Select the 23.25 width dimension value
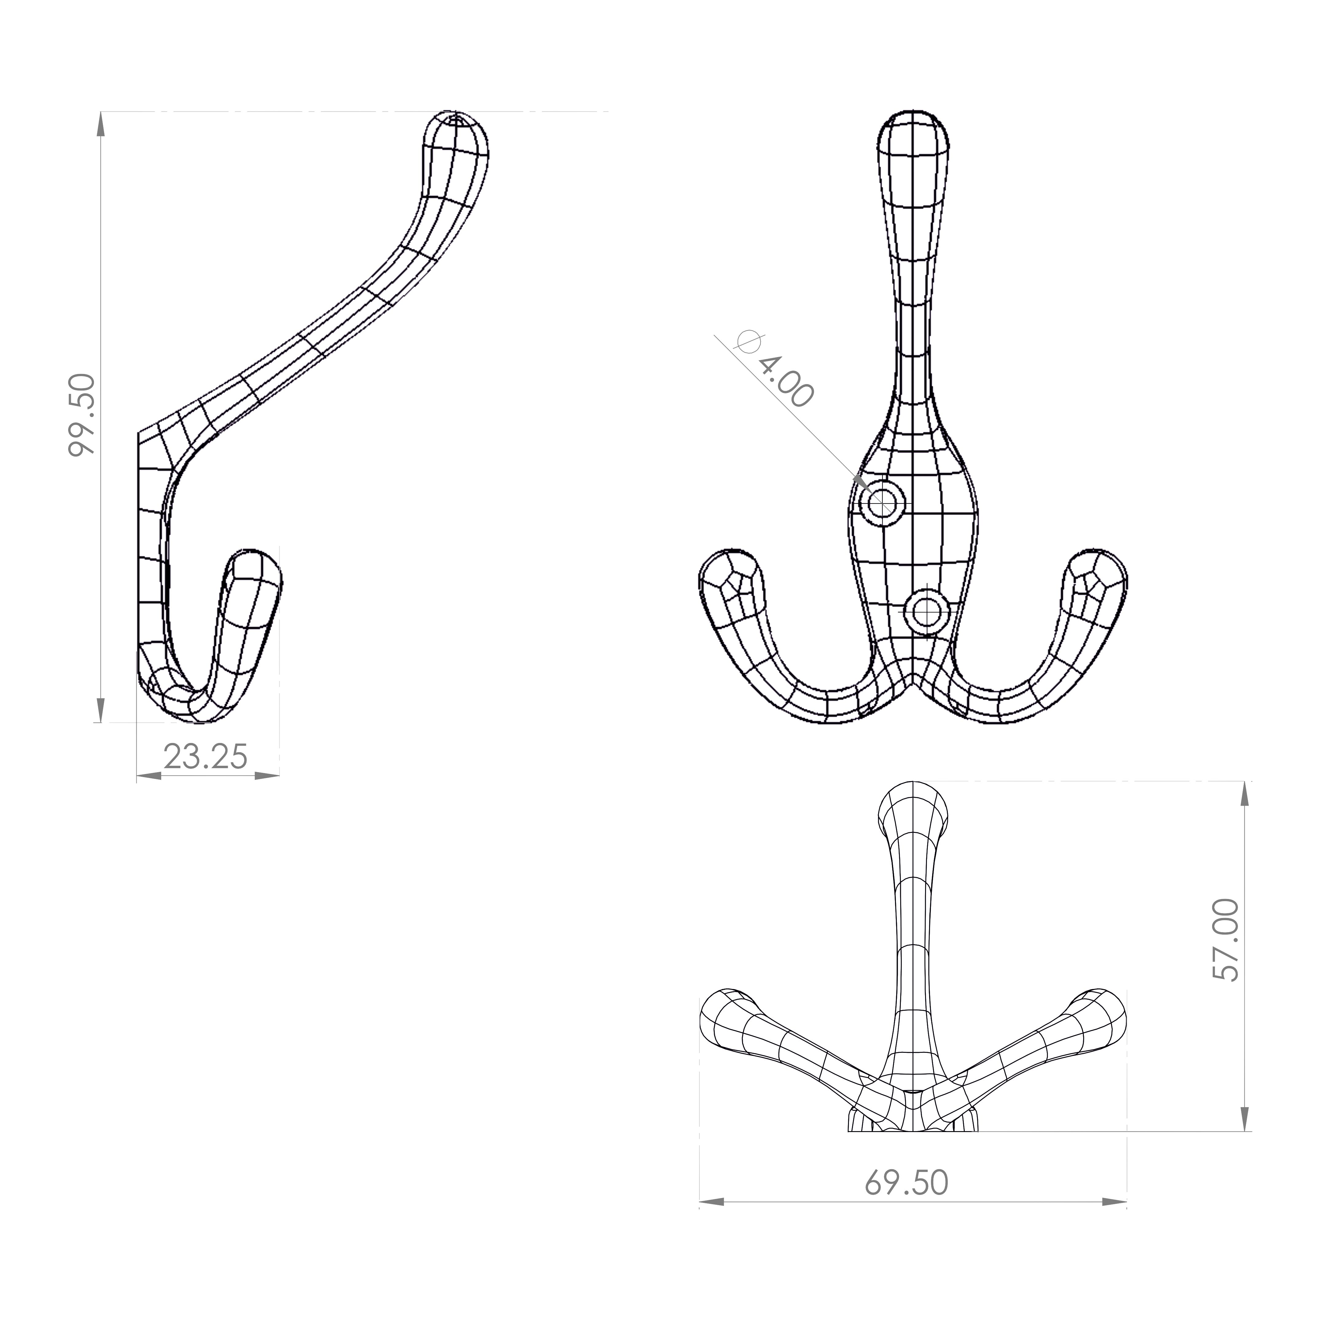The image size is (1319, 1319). pyautogui.click(x=205, y=757)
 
